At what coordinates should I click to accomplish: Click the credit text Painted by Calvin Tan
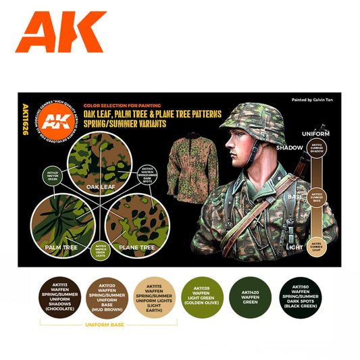tap(313, 99)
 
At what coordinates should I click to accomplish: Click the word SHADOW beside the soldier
tap(290, 148)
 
